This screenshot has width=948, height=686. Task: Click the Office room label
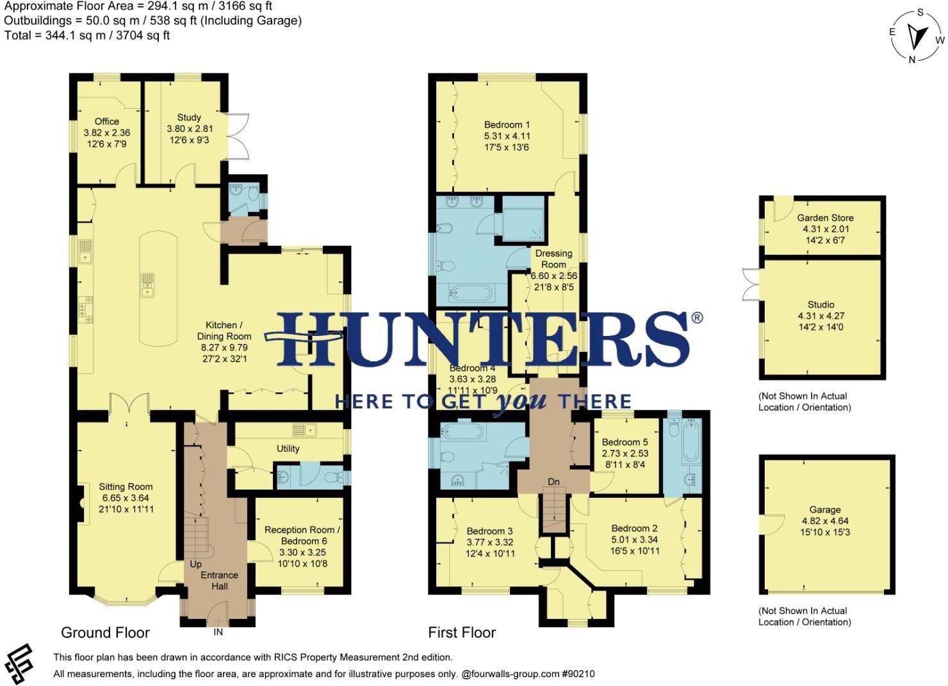coord(107,122)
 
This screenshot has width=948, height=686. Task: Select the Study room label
coord(189,118)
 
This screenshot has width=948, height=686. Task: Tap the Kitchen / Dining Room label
coord(224,330)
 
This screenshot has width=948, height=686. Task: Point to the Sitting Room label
coord(126,486)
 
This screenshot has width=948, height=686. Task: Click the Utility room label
coord(288,449)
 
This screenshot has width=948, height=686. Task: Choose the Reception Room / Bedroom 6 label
coord(302,536)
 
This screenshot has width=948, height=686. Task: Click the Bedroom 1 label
coord(507,125)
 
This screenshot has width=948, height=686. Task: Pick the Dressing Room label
coord(553,259)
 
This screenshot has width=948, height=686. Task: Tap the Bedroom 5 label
coord(625,442)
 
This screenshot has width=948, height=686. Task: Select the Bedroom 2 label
coord(634,528)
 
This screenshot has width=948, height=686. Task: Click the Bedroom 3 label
coord(489,531)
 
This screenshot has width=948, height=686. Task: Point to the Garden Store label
coord(824,218)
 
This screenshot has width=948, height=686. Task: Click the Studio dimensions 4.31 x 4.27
coord(821,316)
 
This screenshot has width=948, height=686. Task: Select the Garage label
coord(824,509)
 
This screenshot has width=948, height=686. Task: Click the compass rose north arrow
coord(918,38)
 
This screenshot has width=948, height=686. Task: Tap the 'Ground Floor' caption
coord(105,633)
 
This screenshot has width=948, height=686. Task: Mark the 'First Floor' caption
coord(462,633)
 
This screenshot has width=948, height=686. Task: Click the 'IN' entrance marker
coord(218,632)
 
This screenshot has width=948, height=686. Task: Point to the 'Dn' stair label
coord(553,482)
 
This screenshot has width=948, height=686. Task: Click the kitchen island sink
coord(147,285)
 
